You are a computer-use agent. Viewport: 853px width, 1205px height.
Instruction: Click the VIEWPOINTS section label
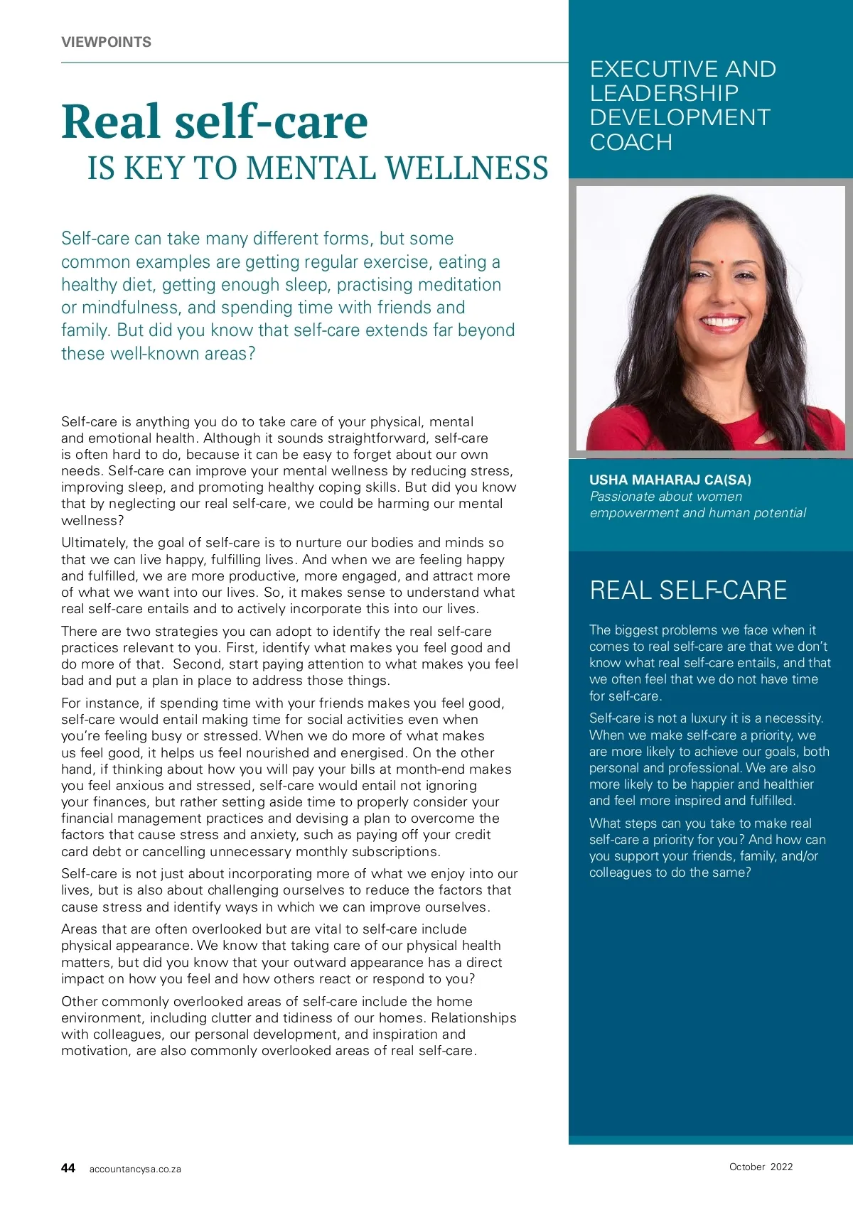pos(106,42)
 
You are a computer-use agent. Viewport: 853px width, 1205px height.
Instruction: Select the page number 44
pos(68,1168)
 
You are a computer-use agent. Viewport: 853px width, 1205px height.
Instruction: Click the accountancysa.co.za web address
pos(135,1169)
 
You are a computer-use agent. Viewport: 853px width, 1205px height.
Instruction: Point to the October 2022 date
pos(761,1167)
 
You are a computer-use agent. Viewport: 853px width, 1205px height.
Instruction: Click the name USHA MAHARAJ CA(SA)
pos(670,480)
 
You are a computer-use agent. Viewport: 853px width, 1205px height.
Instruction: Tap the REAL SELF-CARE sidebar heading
pos(688,590)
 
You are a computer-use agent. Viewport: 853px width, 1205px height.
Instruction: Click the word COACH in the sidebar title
pos(631,142)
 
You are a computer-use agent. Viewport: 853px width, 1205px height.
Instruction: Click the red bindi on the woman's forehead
pos(721,261)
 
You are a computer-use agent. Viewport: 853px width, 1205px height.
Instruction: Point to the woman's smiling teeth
pos(721,322)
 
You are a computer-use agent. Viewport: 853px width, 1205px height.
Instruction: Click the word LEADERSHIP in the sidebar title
pos(664,93)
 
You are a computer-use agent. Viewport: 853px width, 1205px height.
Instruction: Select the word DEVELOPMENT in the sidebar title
pos(680,117)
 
